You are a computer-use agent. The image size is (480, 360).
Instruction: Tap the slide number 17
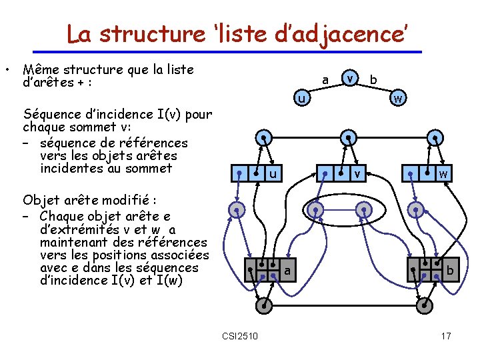pyautogui.click(x=446, y=335)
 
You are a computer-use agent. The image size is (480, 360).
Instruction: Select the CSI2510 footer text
pyautogui.click(x=241, y=335)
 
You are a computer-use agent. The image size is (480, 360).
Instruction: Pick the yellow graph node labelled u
pyautogui.click(x=302, y=99)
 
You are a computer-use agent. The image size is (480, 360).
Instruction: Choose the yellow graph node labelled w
pyautogui.click(x=397, y=99)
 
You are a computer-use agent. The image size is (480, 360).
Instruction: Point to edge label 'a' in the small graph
pyautogui.click(x=325, y=80)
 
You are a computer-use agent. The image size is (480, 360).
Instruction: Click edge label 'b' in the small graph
pyautogui.click(x=373, y=80)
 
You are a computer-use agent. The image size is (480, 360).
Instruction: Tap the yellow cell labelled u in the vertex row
pyautogui.click(x=272, y=175)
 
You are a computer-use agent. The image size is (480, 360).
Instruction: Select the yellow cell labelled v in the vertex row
pyautogui.click(x=357, y=175)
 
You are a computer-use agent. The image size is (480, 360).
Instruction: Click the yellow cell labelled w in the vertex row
pyautogui.click(x=442, y=175)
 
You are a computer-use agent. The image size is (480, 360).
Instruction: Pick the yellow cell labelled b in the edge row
pyautogui.click(x=449, y=271)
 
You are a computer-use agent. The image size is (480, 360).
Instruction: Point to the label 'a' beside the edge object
pyautogui.click(x=287, y=271)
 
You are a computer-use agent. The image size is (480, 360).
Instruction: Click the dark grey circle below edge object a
pyautogui.click(x=264, y=305)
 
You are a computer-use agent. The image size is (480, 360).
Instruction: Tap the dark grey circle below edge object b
pyautogui.click(x=425, y=305)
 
